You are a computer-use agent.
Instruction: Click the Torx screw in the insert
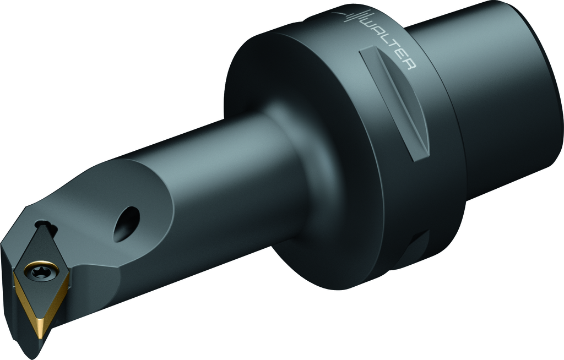click(x=41, y=270)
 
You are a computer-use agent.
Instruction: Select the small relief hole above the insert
click(x=46, y=226)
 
